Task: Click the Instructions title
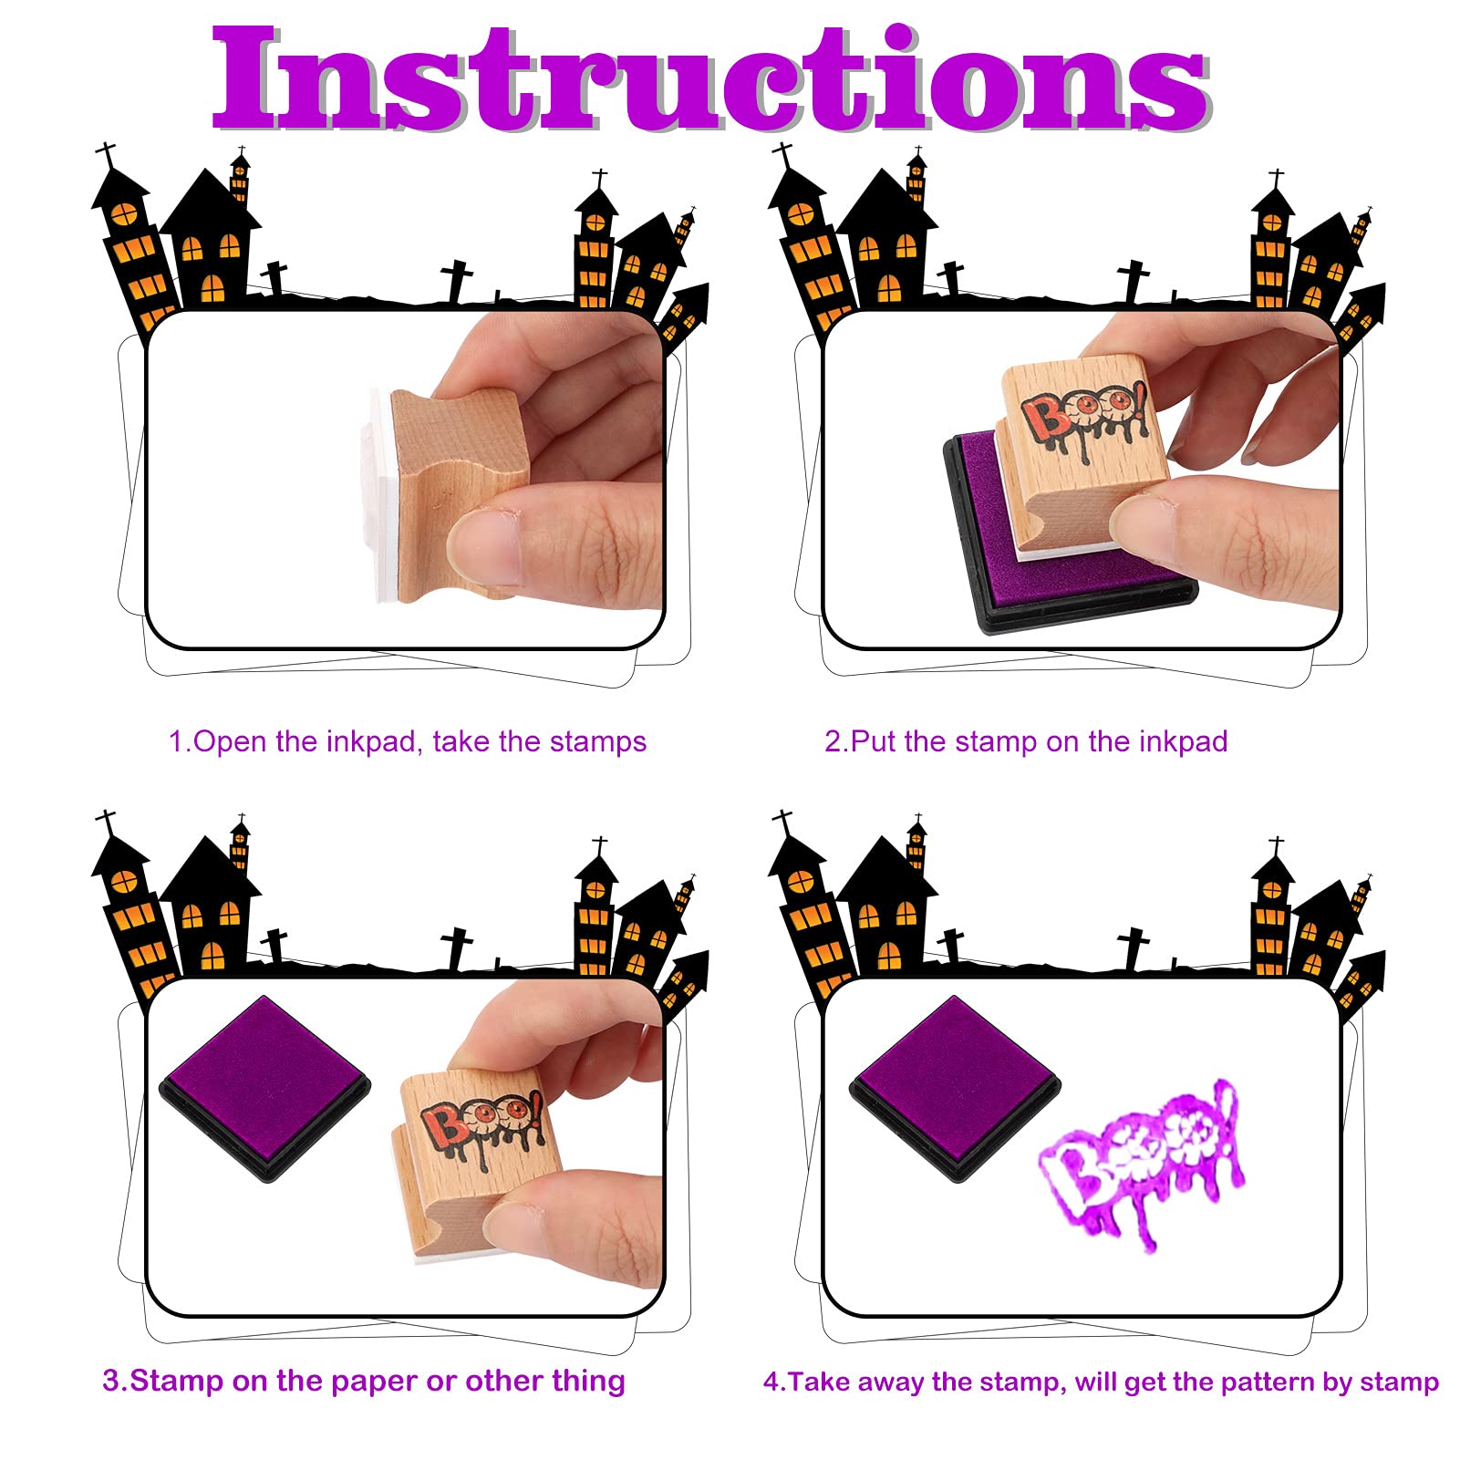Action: pyautogui.click(x=711, y=79)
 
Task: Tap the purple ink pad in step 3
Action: pyautogui.click(x=265, y=1088)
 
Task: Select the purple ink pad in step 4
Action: pyautogui.click(x=955, y=1088)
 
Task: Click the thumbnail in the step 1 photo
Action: pyautogui.click(x=484, y=547)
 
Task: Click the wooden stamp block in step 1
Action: pyautogui.click(x=456, y=492)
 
